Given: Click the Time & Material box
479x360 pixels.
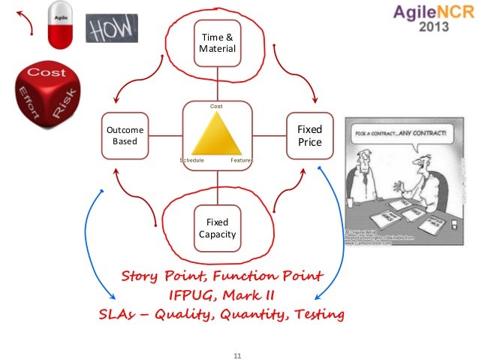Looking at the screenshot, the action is tap(217, 43).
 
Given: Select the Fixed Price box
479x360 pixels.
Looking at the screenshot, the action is tap(309, 136).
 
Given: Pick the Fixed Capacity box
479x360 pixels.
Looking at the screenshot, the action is tap(217, 228).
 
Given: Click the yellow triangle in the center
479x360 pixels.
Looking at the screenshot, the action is tap(217, 138).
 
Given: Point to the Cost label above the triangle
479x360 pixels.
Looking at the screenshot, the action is tap(216, 107).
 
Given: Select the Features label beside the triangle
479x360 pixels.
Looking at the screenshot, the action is tap(241, 160).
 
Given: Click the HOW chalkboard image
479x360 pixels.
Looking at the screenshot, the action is tap(112, 29).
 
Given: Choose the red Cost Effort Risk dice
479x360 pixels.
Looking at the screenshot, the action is tap(44, 97).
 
